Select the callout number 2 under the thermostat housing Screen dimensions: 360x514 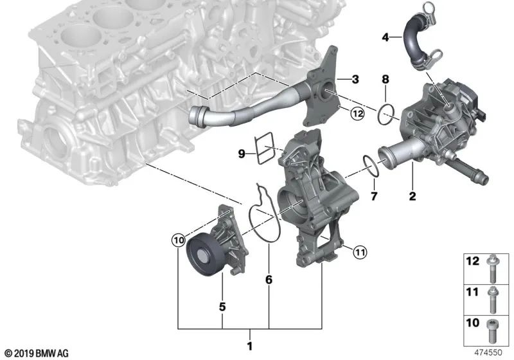tap(412, 195)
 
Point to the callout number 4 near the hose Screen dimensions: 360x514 tap(385, 38)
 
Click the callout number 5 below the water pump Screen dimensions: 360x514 tap(222, 307)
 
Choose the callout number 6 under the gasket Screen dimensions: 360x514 tap(269, 280)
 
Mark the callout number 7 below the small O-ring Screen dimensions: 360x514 tap(372, 195)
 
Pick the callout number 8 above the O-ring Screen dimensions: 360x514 tap(385, 80)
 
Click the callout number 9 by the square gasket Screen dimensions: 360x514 tap(242, 154)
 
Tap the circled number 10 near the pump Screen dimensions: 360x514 tap(178, 240)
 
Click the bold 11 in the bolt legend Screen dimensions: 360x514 tap(472, 292)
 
